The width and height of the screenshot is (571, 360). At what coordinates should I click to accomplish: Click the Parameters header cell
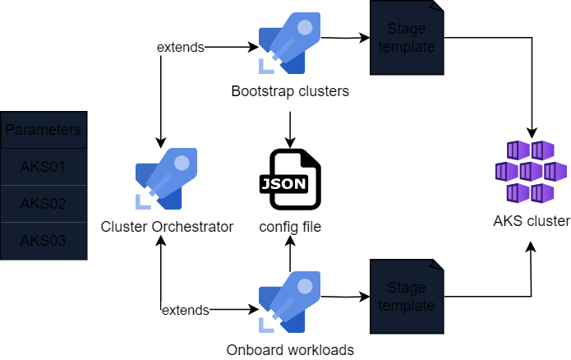click(44, 130)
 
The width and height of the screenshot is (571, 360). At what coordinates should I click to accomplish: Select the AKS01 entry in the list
click(44, 167)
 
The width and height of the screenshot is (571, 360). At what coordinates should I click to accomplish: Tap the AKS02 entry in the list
click(44, 204)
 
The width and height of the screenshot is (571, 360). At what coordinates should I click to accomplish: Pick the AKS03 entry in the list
click(44, 241)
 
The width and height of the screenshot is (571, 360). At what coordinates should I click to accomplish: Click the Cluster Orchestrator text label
click(167, 226)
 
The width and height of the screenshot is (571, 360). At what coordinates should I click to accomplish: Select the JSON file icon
click(294, 179)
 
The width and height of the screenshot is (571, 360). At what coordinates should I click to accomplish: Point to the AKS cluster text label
click(531, 221)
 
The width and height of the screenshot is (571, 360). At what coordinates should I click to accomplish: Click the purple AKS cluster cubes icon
click(531, 171)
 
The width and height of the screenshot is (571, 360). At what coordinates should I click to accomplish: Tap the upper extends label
click(180, 47)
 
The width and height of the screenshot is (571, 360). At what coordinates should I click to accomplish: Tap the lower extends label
click(185, 310)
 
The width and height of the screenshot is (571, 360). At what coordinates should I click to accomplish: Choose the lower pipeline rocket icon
click(289, 302)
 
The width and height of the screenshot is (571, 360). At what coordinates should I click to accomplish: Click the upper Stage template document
click(407, 39)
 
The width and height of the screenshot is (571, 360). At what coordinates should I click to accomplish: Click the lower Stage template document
click(407, 298)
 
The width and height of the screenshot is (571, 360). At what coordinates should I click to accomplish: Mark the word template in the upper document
click(407, 47)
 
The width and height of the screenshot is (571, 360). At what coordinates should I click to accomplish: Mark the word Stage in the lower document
click(407, 288)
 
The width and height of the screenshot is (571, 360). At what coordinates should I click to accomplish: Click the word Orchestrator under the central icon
click(194, 226)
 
